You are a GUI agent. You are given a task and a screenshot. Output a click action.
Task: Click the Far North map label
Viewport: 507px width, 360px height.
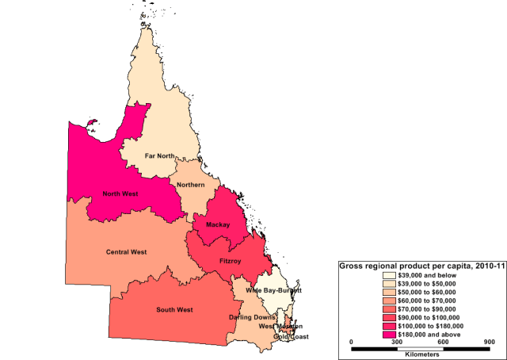pyautogui.click(x=160, y=155)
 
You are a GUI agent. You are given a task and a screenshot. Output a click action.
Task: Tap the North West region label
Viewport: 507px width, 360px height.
pyautogui.click(x=122, y=193)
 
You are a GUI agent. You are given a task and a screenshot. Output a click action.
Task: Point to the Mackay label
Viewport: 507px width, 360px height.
pyautogui.click(x=218, y=225)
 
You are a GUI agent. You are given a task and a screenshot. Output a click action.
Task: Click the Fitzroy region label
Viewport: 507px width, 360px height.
pyautogui.click(x=230, y=259)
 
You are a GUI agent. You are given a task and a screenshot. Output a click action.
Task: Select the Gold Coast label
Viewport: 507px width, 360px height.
pyautogui.click(x=291, y=336)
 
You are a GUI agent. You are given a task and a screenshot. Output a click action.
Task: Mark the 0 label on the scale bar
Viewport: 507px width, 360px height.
pyautogui.click(x=352, y=342)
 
